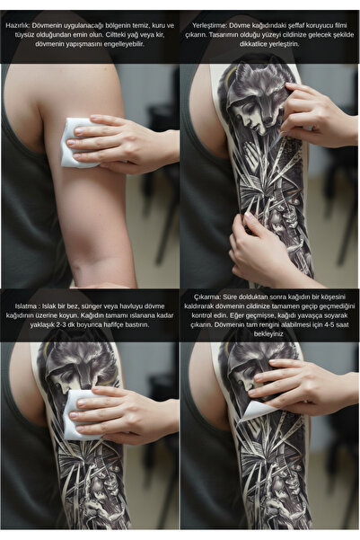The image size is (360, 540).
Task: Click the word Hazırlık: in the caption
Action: click(17, 25)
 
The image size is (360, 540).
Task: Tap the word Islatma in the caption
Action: click(24, 306)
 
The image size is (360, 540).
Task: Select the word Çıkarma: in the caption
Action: click(206, 297)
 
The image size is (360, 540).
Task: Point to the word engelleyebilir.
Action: click(124, 44)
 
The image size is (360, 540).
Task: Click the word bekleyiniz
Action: click(268, 334)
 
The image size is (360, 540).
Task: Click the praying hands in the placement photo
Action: click(250, 152)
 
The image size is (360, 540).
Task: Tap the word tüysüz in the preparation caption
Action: click(25, 35)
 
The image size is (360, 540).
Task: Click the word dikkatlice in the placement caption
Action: click(255, 44)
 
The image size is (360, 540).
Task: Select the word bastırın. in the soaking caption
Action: click(137, 324)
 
